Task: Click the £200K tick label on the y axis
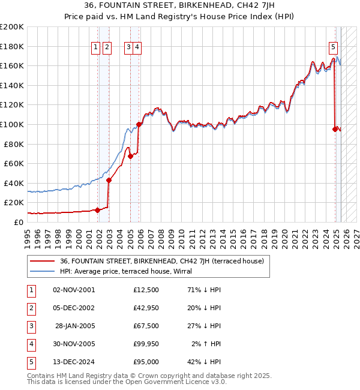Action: point(12,27)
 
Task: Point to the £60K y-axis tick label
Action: point(14,163)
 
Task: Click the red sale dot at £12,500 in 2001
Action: point(97,210)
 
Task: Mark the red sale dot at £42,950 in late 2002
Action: point(109,180)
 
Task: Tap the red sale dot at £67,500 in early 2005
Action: point(130,156)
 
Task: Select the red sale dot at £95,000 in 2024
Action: point(335,129)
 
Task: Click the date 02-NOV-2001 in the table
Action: point(74,290)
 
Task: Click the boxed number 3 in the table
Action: point(30,326)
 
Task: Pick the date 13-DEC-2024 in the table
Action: point(74,362)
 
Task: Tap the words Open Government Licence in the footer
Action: point(172,382)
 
